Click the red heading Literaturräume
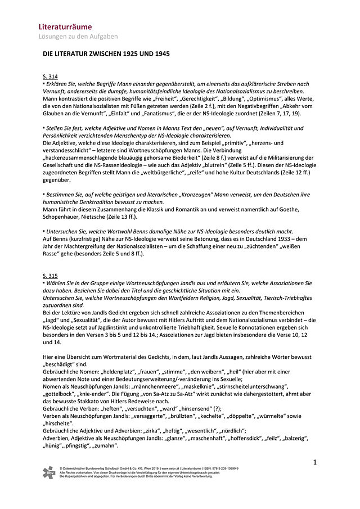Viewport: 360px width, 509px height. coord(65,26)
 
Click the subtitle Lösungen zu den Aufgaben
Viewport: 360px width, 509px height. coord(78,37)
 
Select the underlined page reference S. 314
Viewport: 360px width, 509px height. coord(50,76)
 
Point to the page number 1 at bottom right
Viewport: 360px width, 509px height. coord(315,462)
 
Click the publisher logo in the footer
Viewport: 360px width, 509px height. coord(49,473)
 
